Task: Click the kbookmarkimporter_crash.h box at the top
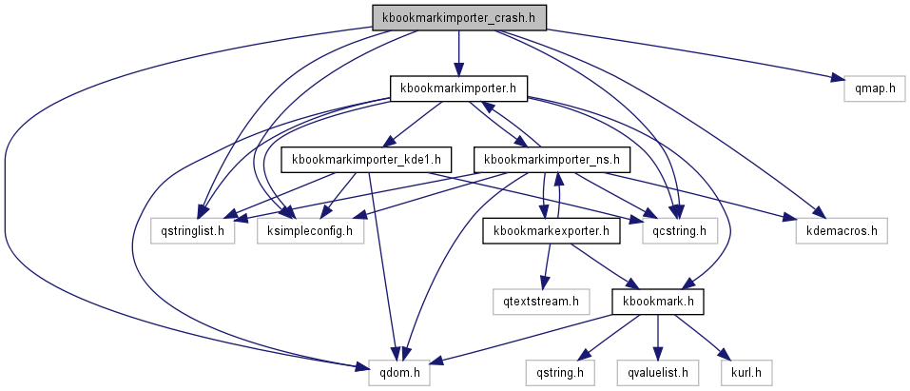click(x=458, y=17)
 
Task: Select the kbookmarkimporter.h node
click(x=458, y=88)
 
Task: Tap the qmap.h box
click(x=873, y=88)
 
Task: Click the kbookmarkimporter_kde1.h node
click(x=366, y=159)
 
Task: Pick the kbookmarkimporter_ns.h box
click(x=552, y=159)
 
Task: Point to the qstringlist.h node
click(x=193, y=230)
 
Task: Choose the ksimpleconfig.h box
click(x=310, y=230)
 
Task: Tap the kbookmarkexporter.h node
click(x=552, y=230)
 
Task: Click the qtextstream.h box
click(x=541, y=302)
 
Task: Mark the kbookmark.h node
click(x=657, y=302)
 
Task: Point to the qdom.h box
click(x=399, y=372)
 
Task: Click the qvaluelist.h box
click(x=657, y=372)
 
